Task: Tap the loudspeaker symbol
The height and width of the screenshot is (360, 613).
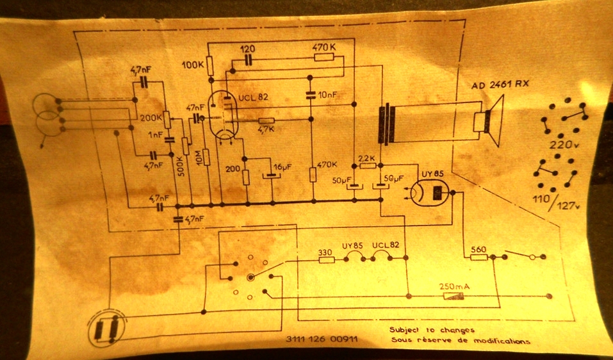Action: point(489,120)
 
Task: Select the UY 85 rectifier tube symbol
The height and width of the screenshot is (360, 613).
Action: point(430,192)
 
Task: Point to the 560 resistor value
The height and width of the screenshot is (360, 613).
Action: point(478,249)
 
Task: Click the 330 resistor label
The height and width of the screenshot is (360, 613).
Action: point(325,252)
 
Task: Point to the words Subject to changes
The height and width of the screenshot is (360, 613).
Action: point(432,331)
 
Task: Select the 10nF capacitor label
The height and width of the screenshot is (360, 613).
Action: point(326,95)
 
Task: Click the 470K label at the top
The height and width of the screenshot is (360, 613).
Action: point(325,47)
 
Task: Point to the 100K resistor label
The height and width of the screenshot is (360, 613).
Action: point(193,65)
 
